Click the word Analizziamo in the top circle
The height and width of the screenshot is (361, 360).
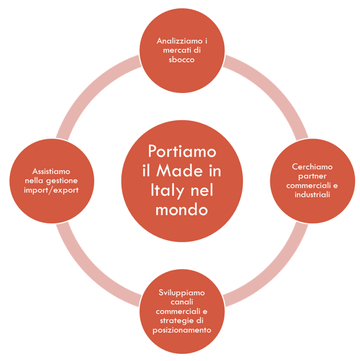(x=178, y=41)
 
